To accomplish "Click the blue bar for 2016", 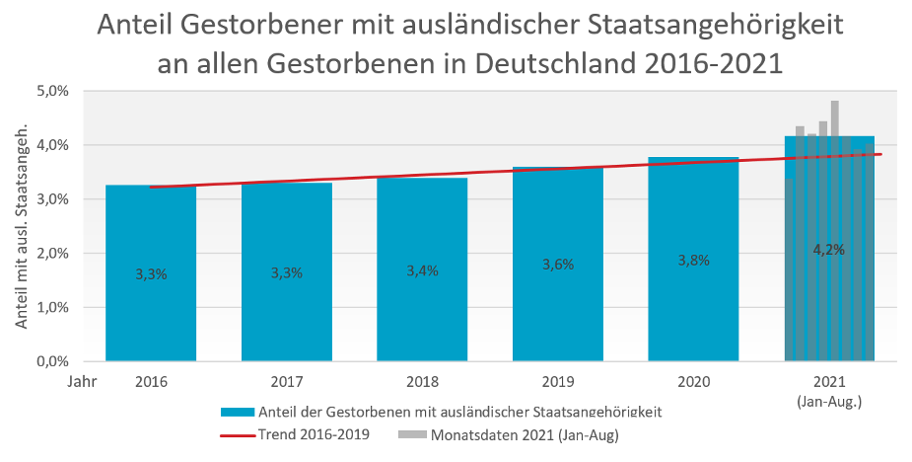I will tap(151, 296).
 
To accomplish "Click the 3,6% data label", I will tap(558, 265).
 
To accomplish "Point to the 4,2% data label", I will tap(828, 250).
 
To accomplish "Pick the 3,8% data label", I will tap(693, 261).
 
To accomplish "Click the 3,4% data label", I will tap(422, 271).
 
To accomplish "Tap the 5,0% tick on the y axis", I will tap(51, 91).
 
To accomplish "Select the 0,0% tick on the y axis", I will tap(51, 361).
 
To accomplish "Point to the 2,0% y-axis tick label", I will tap(51, 254).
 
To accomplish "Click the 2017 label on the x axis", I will tap(287, 379).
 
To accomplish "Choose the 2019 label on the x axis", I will tap(558, 379).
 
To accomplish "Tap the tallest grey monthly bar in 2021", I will tap(834, 118).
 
